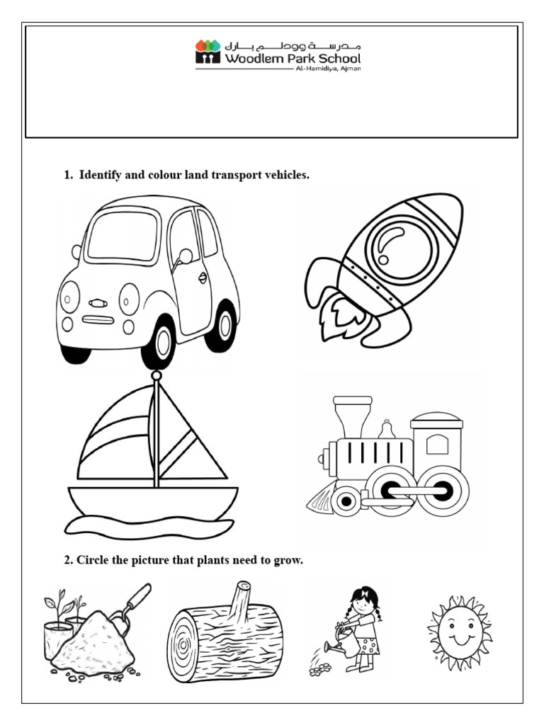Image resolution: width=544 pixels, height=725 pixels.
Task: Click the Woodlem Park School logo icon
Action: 208,52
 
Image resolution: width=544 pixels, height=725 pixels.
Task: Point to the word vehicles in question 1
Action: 286,175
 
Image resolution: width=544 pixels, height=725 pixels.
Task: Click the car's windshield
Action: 123,236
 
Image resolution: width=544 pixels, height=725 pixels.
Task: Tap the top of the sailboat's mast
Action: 156,376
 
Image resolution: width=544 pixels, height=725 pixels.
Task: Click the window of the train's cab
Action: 437,445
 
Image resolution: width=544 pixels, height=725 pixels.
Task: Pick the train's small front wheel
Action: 346,501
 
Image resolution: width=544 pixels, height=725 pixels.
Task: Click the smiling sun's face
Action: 459,632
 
